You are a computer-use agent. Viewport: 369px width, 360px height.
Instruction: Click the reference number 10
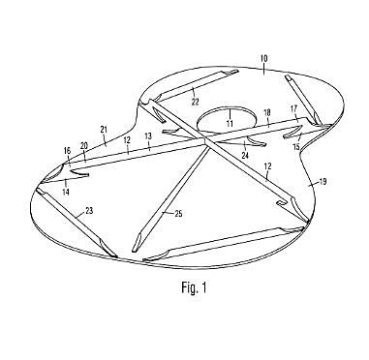click(263, 59)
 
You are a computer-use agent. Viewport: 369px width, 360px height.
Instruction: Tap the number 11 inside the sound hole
click(230, 124)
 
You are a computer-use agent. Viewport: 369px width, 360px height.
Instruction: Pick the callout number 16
click(67, 150)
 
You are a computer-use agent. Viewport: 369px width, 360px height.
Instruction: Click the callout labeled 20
click(84, 145)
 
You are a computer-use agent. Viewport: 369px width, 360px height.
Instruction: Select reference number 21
click(105, 129)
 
